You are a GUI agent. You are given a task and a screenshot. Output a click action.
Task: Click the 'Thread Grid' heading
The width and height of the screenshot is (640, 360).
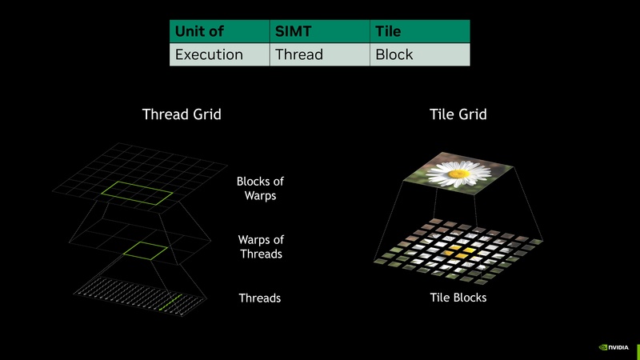(x=182, y=114)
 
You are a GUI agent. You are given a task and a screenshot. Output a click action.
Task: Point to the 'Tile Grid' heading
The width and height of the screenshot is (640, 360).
(x=458, y=114)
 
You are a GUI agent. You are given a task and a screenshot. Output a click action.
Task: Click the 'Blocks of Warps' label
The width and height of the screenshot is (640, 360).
(x=261, y=189)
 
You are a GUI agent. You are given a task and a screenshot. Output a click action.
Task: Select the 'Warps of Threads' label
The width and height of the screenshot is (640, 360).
(x=261, y=246)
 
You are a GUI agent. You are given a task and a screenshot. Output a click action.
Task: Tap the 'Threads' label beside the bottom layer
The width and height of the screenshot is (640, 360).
(x=260, y=298)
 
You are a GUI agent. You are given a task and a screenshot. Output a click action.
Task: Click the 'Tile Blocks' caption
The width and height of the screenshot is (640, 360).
(x=458, y=298)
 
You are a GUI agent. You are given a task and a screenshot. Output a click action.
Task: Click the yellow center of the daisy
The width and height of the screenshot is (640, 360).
(x=458, y=173)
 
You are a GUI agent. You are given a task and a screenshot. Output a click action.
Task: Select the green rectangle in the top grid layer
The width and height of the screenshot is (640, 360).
(x=141, y=191)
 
